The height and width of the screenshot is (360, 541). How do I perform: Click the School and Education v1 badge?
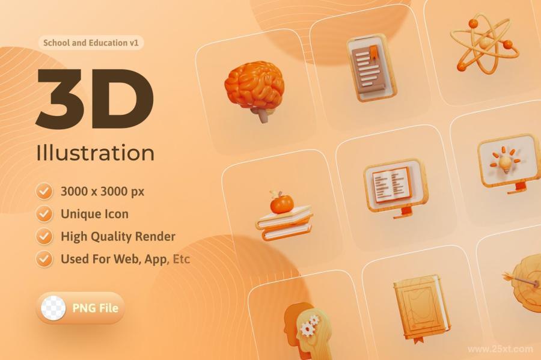[x=91, y=43]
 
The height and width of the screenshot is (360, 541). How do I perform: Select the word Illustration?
[x=95, y=153]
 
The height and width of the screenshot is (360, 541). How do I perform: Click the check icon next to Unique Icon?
[x=44, y=214]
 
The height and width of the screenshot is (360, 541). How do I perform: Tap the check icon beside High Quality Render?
[x=44, y=237]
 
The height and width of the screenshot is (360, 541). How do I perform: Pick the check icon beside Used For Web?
[x=44, y=259]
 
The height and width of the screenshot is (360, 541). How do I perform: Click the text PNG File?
[x=95, y=308]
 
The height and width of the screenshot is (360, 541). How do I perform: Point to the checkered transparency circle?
[x=53, y=308]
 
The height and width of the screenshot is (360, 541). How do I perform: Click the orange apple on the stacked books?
[x=281, y=204]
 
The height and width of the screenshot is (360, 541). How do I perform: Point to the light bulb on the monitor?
[x=506, y=165]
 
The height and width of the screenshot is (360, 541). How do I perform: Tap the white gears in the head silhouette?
[x=309, y=326]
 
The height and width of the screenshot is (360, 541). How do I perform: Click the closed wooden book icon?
[x=421, y=308]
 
